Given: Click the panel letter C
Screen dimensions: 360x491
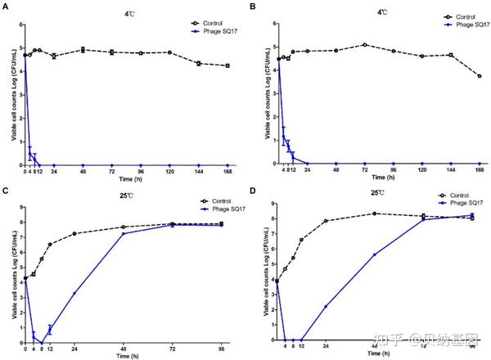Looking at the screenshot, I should coord(6,191).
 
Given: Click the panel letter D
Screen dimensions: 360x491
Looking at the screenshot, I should coord(255,191).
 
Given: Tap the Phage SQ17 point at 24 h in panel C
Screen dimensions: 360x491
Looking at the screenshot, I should coord(74,293).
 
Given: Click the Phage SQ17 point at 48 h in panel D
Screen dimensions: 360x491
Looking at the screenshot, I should coord(374,254).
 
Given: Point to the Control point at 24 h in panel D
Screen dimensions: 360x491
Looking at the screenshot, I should coord(326,221).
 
